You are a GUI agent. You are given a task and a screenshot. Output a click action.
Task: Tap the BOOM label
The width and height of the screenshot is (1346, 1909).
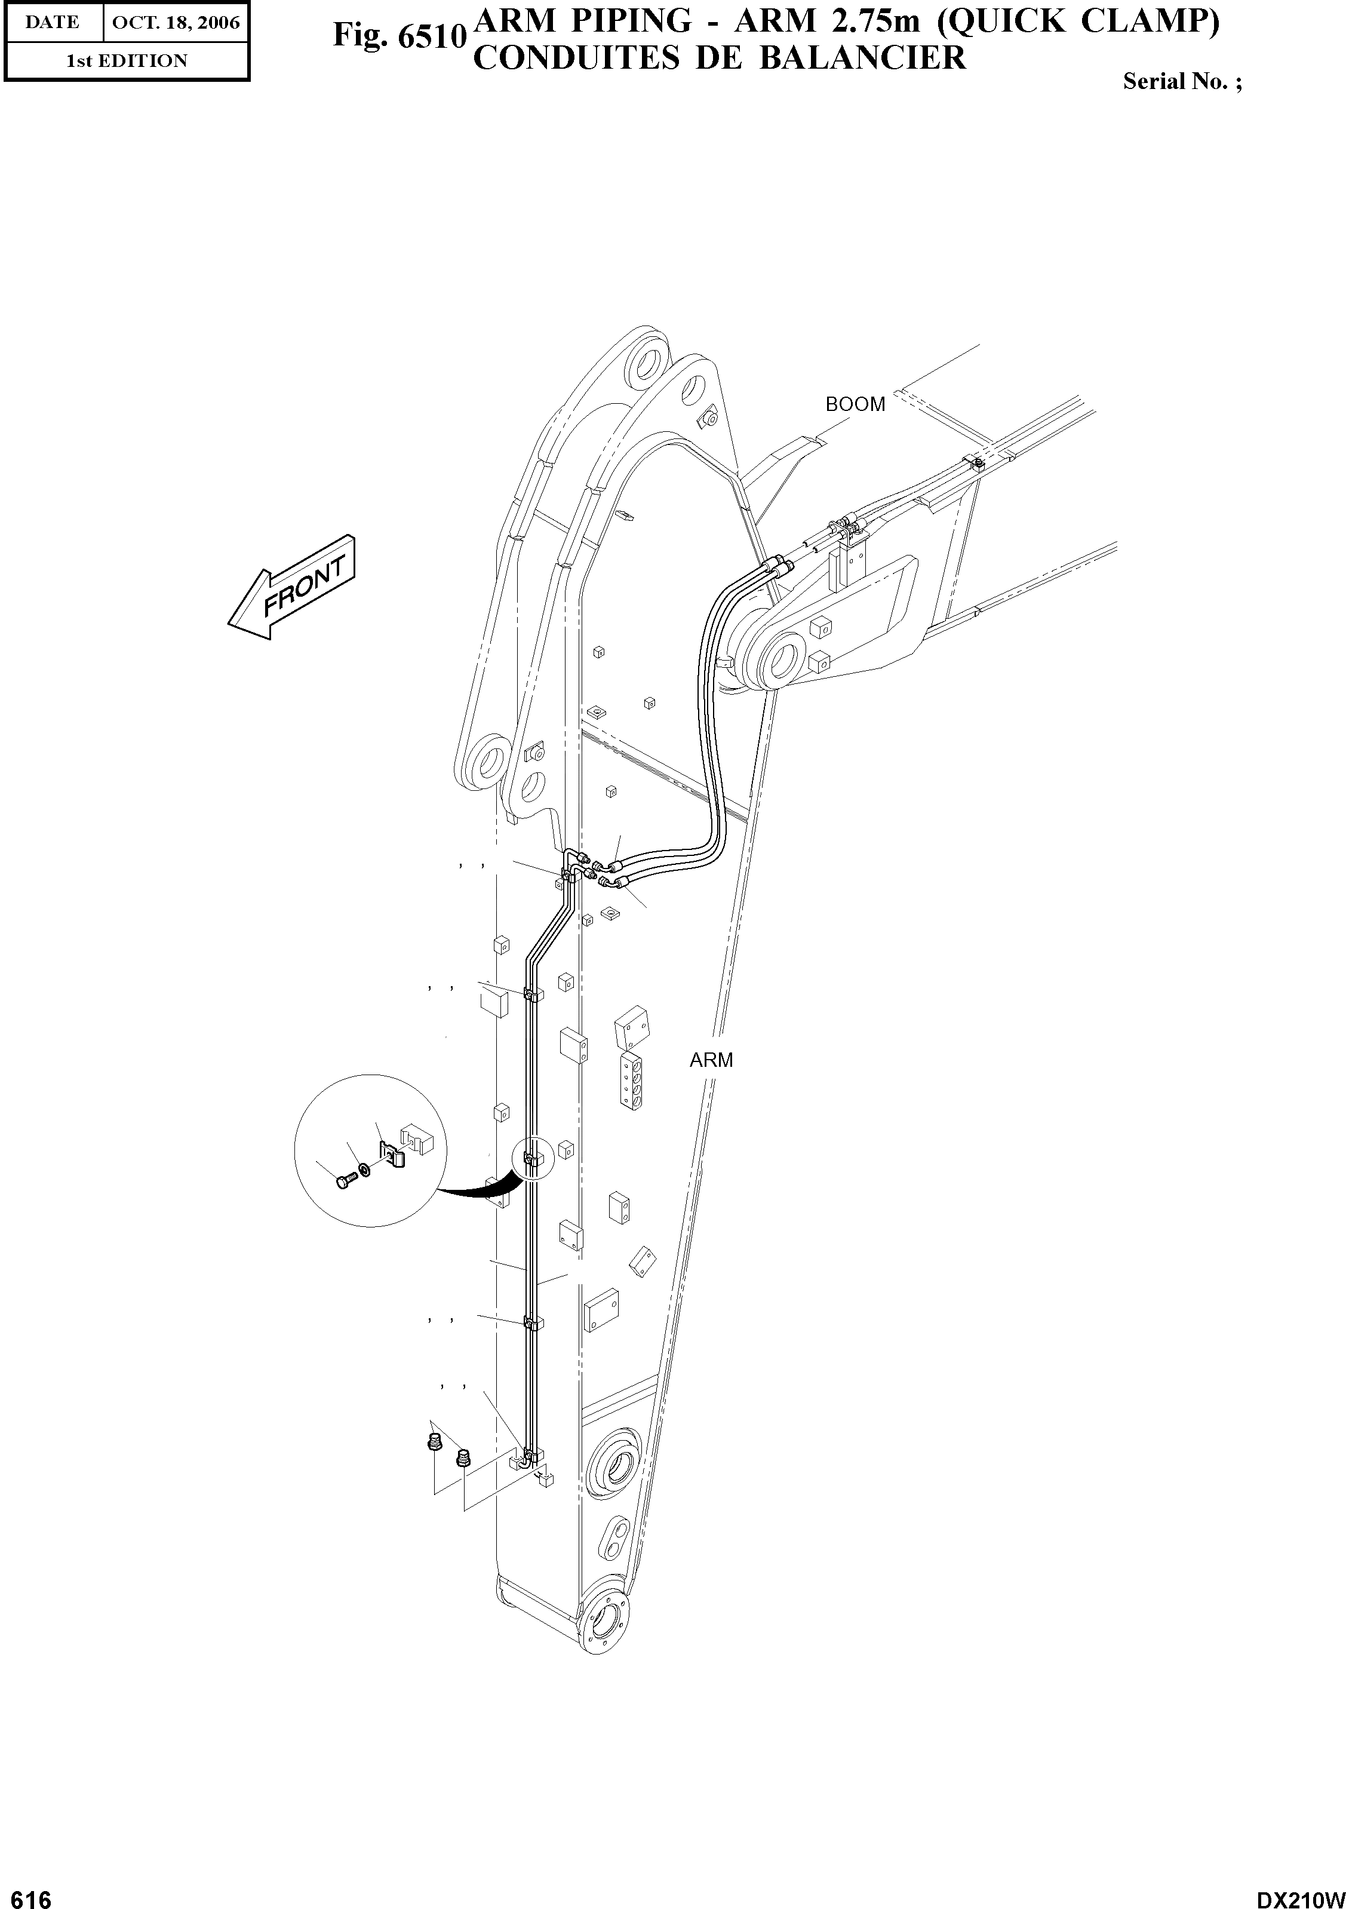tap(855, 404)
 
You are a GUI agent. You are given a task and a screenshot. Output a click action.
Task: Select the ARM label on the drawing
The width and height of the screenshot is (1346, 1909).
tap(711, 1060)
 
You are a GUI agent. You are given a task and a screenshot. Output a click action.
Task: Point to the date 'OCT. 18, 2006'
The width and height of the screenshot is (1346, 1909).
tap(176, 23)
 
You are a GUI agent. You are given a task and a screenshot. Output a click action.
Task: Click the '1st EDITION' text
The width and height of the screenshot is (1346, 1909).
tap(127, 61)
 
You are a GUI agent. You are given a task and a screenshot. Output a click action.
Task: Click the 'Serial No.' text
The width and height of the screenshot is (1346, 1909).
tap(1181, 81)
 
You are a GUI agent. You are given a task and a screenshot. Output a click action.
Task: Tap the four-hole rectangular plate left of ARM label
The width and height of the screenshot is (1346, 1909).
tap(634, 1081)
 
